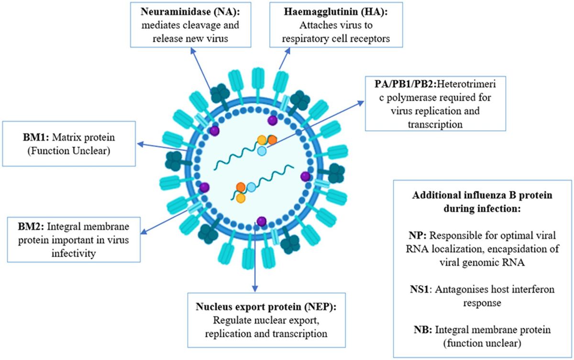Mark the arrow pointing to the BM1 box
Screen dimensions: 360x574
140,142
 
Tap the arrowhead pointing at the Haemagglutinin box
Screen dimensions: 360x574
288,50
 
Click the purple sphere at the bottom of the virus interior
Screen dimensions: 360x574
261,221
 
